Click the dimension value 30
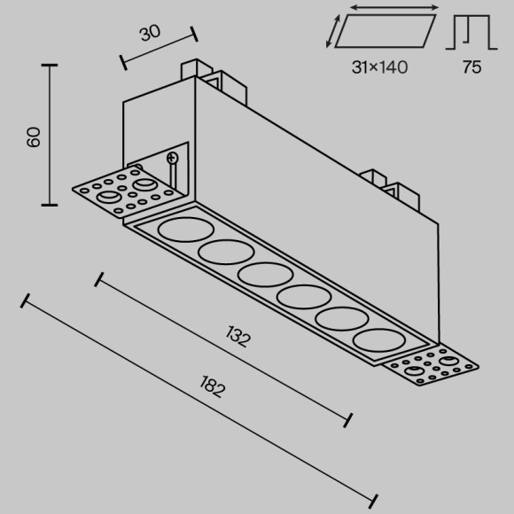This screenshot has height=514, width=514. point(150,33)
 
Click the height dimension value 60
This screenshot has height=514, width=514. point(34,137)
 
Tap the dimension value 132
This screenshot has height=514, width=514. point(238,337)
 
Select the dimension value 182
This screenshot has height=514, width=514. point(213,386)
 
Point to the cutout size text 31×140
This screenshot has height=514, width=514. point(379,67)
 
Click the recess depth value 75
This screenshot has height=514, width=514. point(472,66)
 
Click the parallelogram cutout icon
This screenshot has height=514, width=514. point(385,32)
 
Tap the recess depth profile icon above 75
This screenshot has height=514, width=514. point(471,32)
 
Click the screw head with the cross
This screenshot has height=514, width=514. point(172,158)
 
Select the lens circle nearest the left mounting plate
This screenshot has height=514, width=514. point(186,230)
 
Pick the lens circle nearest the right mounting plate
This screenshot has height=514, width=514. point(379,340)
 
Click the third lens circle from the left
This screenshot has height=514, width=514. point(266,275)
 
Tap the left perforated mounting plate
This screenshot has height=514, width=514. point(128,191)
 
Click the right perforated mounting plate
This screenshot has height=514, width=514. point(430,366)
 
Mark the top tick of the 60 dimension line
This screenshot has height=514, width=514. point(50,66)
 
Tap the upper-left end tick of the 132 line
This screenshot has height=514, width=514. point(98,279)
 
